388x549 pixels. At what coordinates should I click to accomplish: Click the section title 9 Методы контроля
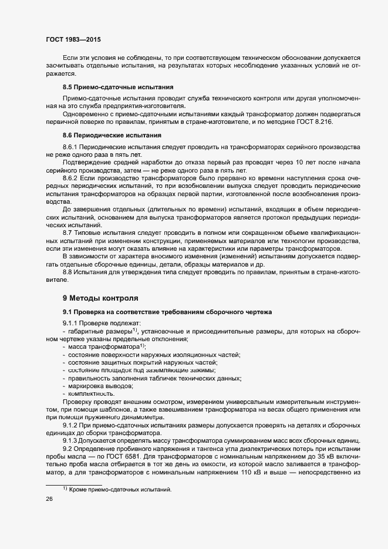[100, 298]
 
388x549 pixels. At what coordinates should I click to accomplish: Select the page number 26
[49, 499]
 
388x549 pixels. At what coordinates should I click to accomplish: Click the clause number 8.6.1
[70, 146]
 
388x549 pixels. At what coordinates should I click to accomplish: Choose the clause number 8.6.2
[70, 177]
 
